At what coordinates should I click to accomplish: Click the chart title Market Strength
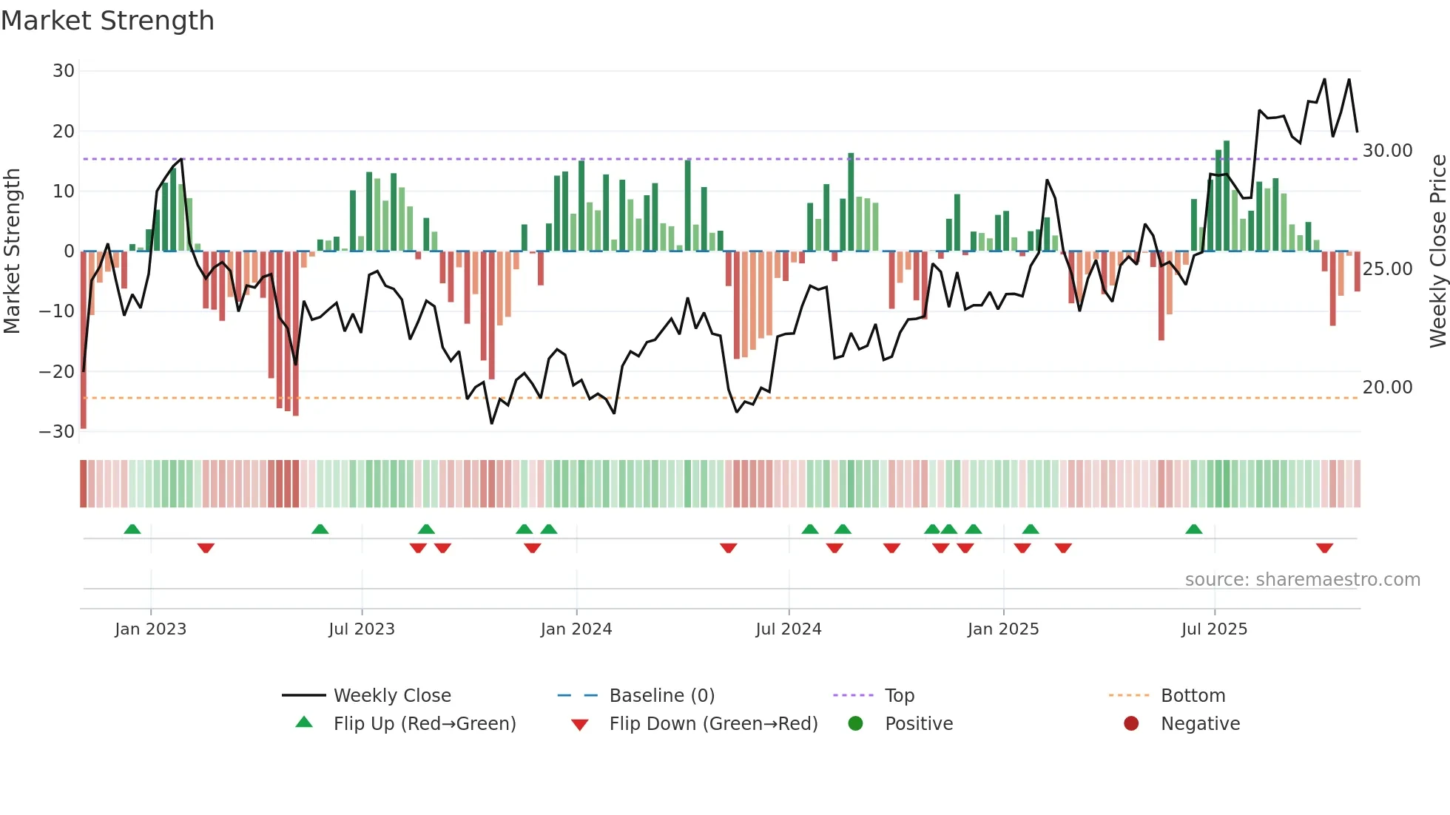coord(107,21)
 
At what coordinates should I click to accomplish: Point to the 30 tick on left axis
coord(64,71)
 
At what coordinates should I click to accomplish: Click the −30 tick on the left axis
coord(57,431)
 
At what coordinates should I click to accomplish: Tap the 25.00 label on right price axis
coord(1387,269)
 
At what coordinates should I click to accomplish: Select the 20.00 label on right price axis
coord(1387,388)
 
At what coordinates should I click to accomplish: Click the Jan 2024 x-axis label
coord(576,629)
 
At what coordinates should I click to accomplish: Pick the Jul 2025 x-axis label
coord(1214,629)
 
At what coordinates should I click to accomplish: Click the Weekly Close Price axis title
coord(1437,251)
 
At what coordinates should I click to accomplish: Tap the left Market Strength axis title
coord(13,251)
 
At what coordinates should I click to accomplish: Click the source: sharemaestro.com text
coord(1302,580)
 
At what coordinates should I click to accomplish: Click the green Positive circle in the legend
coord(856,724)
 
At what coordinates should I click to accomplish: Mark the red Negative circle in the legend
coord(1131,724)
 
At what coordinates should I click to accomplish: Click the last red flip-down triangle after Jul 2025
coord(1324,548)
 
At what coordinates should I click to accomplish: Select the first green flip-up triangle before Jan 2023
coord(132,530)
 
